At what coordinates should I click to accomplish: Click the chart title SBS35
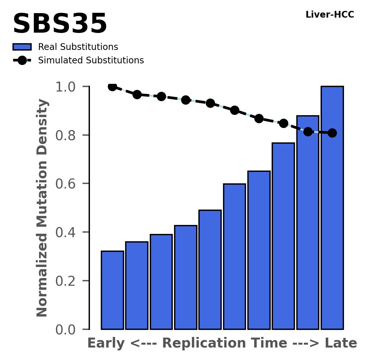pyautogui.click(x=60, y=24)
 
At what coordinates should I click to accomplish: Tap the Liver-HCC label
pyautogui.click(x=330, y=15)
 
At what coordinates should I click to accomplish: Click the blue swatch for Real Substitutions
pyautogui.click(x=22, y=47)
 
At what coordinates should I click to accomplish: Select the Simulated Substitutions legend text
pyautogui.click(x=91, y=60)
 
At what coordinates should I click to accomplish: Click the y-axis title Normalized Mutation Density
pyautogui.click(x=42, y=208)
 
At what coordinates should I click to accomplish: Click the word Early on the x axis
pyautogui.click(x=106, y=343)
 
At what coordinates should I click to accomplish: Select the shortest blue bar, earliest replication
pyautogui.click(x=112, y=290)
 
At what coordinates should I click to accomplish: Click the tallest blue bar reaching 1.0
pyautogui.click(x=332, y=208)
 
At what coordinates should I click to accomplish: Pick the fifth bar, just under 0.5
pyautogui.click(x=210, y=269)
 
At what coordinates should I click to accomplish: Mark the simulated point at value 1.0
pyautogui.click(x=112, y=86)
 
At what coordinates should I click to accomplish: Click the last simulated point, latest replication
pyautogui.click(x=332, y=133)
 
